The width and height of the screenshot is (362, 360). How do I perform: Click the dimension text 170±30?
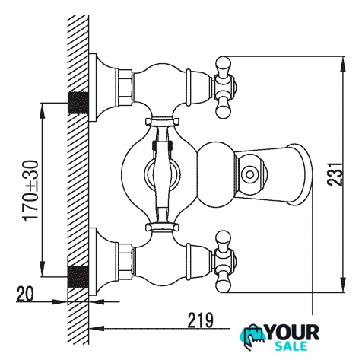click(31, 191)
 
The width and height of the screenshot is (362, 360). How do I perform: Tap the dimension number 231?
click(335, 174)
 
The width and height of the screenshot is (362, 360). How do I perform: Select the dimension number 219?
click(200, 320)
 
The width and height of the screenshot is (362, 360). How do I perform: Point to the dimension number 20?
click(25, 294)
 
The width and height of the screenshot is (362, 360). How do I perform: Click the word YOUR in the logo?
click(293, 333)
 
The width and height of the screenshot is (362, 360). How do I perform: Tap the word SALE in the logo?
click(291, 346)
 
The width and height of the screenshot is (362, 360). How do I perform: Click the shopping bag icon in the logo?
click(252, 336)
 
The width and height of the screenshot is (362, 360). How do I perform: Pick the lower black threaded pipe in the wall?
click(78, 277)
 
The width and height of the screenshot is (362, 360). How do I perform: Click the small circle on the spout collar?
click(249, 174)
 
